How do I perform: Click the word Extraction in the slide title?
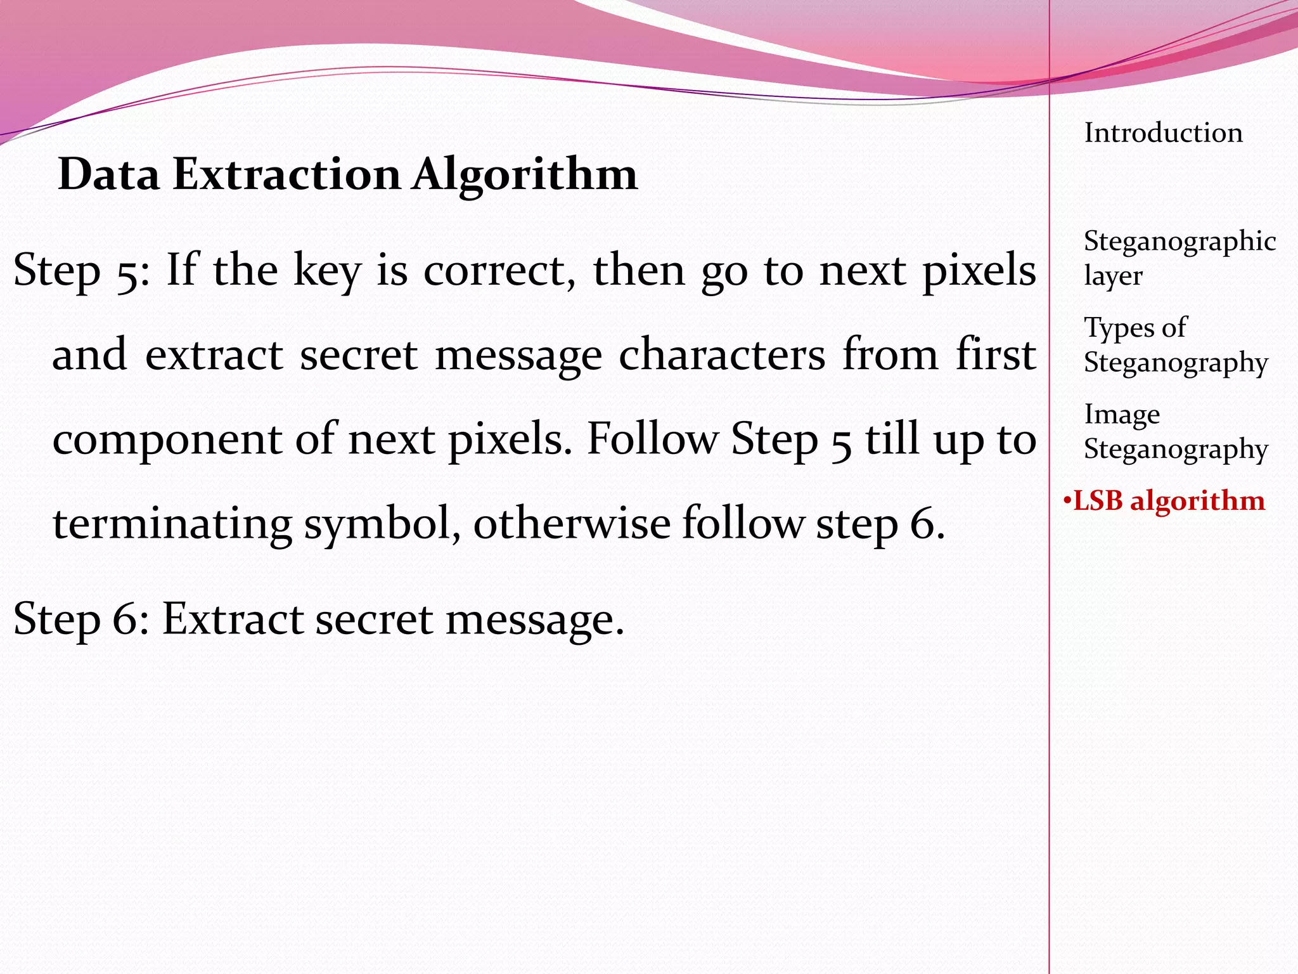286,174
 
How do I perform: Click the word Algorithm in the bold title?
525,175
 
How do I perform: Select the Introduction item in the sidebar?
1164,133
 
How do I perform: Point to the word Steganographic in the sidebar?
1179,242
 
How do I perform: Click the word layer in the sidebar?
1113,276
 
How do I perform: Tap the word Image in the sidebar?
1122,414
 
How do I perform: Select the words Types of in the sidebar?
1135,328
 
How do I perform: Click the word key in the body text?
327,271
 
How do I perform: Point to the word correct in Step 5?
499,271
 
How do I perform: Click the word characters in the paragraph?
722,355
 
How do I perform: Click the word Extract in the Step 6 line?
232,619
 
